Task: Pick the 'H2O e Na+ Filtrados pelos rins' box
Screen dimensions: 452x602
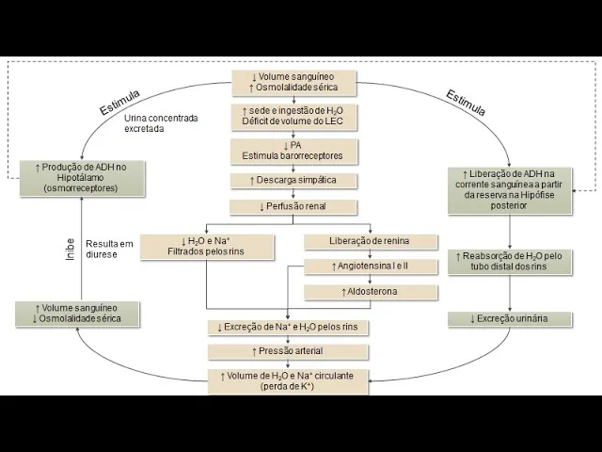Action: click(x=205, y=247)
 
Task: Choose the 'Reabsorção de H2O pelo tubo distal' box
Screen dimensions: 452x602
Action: click(x=509, y=262)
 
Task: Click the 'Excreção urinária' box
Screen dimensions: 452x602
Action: click(x=509, y=319)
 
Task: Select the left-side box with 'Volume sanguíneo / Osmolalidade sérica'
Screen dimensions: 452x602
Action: click(x=78, y=314)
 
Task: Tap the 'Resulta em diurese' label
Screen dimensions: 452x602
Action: click(x=109, y=249)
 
